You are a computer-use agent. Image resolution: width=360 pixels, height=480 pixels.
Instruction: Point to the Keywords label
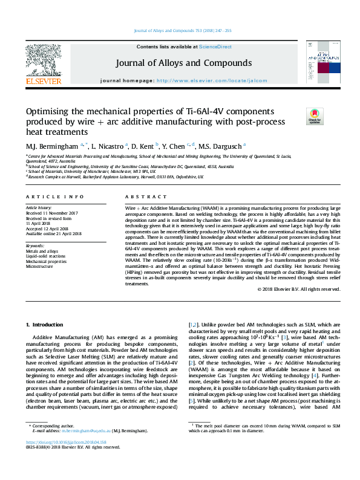click(x=36, y=246)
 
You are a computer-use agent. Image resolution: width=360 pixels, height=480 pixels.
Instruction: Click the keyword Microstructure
click(x=40, y=265)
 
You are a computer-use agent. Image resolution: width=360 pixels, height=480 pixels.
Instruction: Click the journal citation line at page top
click(x=180, y=31)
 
